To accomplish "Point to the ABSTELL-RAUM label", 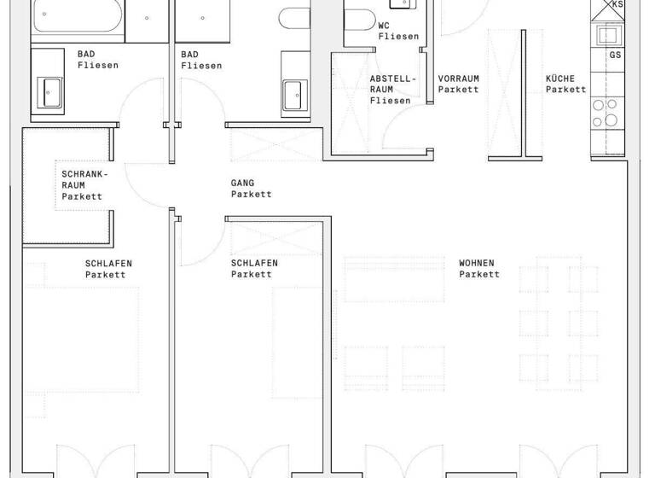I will click(x=392, y=90).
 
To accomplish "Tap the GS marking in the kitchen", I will click(x=615, y=55).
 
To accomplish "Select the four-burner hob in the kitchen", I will click(x=608, y=112).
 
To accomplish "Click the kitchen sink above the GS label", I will click(x=608, y=34).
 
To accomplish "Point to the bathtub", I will click(x=77, y=17).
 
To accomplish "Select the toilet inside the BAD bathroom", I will click(x=295, y=19).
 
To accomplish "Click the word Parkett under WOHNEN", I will click(x=478, y=274).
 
